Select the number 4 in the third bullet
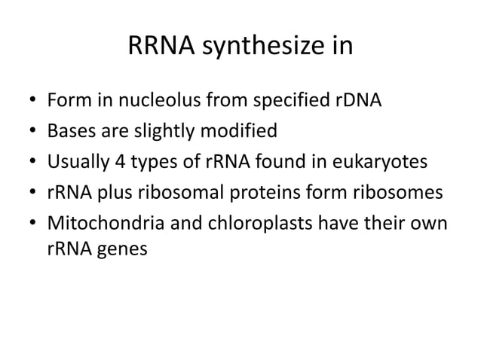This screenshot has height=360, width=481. (115, 163)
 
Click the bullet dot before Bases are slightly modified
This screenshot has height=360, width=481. (32, 133)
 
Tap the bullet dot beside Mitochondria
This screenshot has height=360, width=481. (32, 225)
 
